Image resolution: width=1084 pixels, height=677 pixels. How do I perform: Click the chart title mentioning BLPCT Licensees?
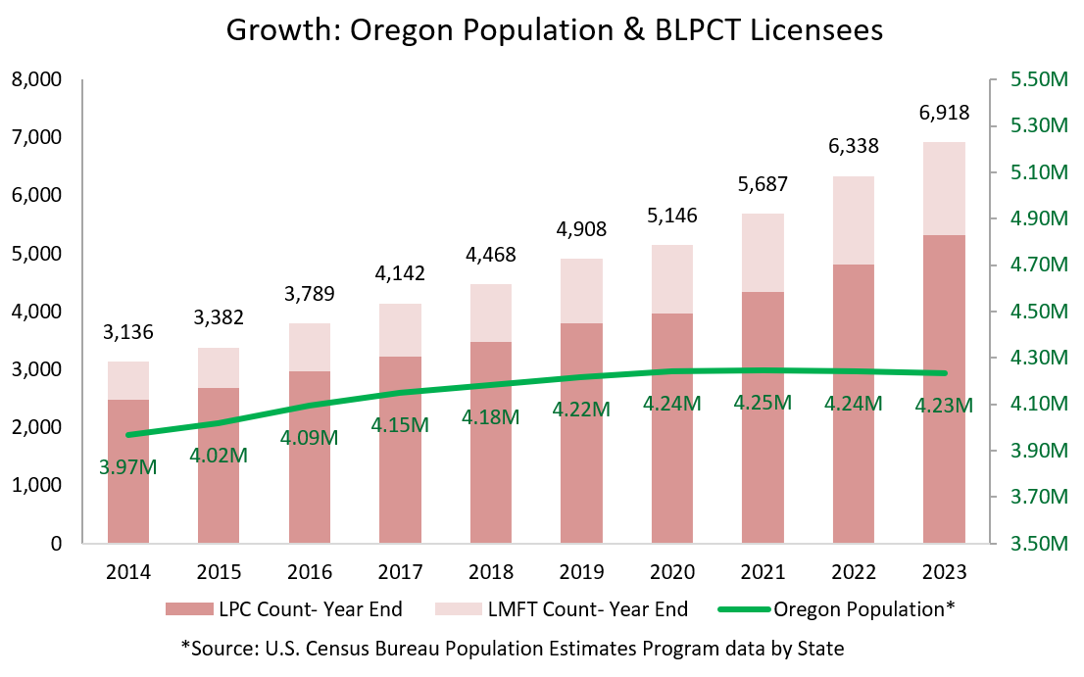(x=555, y=29)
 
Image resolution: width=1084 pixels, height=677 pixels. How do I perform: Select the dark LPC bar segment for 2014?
(x=128, y=470)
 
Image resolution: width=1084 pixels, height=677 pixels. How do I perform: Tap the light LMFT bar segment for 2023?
(x=944, y=188)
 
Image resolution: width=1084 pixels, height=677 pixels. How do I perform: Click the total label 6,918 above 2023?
(x=944, y=113)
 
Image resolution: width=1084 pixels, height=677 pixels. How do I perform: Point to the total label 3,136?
(x=128, y=333)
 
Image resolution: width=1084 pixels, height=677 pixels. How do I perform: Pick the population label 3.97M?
(x=128, y=466)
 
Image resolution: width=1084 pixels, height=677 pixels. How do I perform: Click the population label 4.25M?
(x=764, y=403)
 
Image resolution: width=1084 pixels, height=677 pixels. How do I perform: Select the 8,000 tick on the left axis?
(x=36, y=79)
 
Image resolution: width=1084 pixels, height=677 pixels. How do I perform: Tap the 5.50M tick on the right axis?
(x=1037, y=79)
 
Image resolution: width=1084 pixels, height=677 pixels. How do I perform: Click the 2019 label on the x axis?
(x=581, y=572)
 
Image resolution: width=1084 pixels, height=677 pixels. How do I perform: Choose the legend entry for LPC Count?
(x=283, y=609)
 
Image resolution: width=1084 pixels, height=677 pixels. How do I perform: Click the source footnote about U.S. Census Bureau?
(x=512, y=648)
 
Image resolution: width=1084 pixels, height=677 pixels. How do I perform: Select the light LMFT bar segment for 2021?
(x=764, y=253)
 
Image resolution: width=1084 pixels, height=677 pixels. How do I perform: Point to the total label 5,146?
(x=672, y=217)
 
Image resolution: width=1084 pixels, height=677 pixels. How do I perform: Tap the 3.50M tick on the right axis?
(x=1037, y=544)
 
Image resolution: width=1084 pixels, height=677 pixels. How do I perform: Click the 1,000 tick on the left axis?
(x=36, y=486)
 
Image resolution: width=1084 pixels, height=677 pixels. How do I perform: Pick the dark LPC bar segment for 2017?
(x=400, y=451)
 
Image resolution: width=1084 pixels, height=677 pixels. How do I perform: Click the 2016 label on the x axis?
(x=310, y=572)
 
